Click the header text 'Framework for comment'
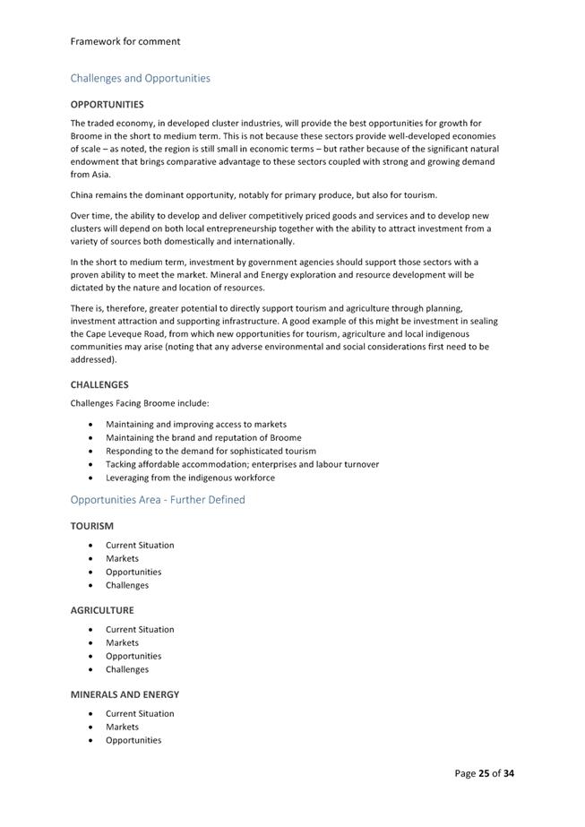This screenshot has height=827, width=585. [x=125, y=41]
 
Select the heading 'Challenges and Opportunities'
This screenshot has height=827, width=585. [x=141, y=78]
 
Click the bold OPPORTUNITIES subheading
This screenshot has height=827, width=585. [x=107, y=105]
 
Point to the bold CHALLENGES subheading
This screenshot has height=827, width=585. [x=99, y=384]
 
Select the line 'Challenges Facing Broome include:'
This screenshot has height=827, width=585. [x=140, y=403]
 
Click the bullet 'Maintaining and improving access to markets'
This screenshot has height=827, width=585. [x=196, y=424]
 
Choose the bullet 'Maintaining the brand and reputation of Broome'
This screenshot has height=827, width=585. [x=203, y=437]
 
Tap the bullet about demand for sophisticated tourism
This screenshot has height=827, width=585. [x=211, y=451]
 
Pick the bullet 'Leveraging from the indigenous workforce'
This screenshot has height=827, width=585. [x=190, y=478]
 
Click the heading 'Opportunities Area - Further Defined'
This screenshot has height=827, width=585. [x=158, y=500]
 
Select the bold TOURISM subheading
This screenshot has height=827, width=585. [x=92, y=526]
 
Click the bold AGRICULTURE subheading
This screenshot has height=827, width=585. [x=102, y=610]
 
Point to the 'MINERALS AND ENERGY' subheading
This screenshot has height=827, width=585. [x=125, y=694]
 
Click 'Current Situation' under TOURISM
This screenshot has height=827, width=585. [x=140, y=545]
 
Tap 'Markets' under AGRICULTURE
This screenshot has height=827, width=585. [x=122, y=642]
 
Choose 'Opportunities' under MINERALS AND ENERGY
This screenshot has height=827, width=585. [x=133, y=740]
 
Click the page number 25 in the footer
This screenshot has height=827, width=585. [x=485, y=773]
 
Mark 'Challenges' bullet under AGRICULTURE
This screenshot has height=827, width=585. [x=127, y=669]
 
